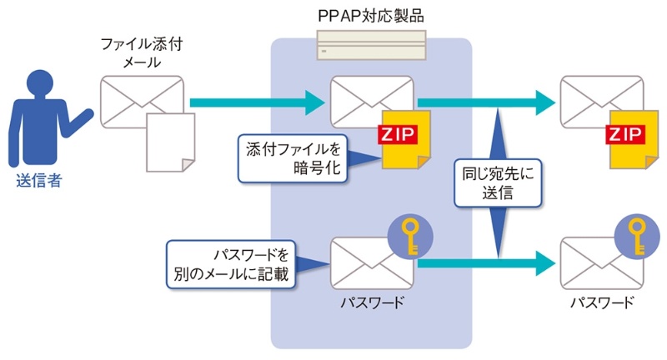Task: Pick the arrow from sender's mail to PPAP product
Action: coord(254,103)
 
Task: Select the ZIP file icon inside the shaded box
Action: coord(399,139)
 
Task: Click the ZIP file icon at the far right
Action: coord(629,139)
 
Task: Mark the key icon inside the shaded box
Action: coord(409,236)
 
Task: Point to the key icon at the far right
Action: coord(637,236)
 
